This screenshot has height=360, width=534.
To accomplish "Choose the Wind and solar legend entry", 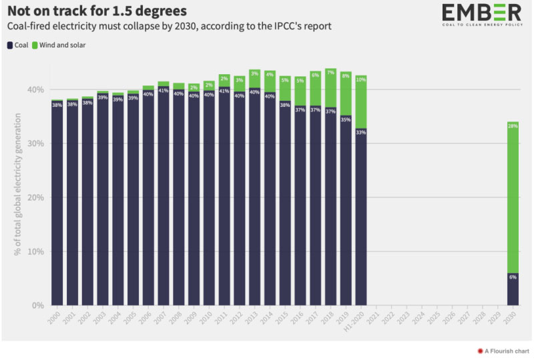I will [61, 45].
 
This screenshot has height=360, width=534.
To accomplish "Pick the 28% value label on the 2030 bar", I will [513, 126].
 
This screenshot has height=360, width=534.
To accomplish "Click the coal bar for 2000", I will [57, 200].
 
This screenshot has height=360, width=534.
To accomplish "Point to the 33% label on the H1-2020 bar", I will [360, 132].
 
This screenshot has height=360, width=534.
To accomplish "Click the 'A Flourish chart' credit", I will [501, 350].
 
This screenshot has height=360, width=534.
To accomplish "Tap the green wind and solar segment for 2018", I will [330, 87].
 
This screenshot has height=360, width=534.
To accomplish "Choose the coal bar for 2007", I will [164, 200].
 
